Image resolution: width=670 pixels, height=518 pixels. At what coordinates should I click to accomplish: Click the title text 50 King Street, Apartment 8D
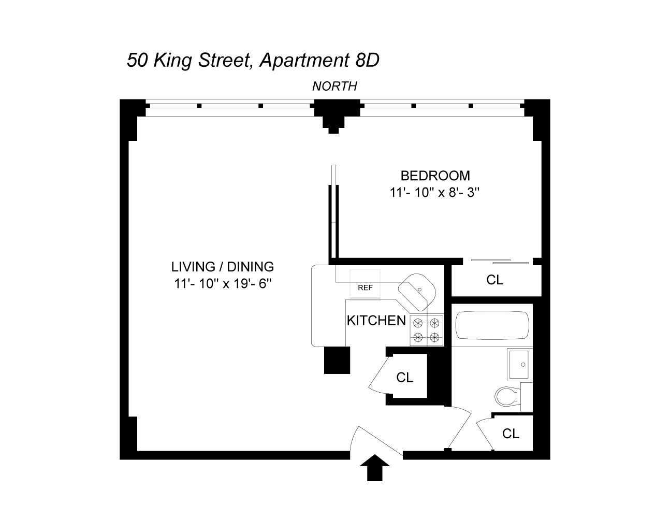[x=253, y=61]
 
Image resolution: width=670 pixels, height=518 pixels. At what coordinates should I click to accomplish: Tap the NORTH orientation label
[x=334, y=87]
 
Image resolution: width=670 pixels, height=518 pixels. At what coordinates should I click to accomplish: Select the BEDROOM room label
[x=435, y=176]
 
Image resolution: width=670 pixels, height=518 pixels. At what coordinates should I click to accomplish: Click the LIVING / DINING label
[x=222, y=267]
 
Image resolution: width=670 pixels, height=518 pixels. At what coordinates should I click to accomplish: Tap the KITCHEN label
[x=376, y=320]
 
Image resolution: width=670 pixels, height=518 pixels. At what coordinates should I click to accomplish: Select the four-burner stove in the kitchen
[x=427, y=330]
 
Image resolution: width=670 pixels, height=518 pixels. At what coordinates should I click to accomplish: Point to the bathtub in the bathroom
[x=492, y=324]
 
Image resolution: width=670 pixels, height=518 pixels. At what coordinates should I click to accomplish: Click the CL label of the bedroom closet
[x=494, y=280]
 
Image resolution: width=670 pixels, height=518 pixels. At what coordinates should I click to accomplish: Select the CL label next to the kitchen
[x=404, y=378]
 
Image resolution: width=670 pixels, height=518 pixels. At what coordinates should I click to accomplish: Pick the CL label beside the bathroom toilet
[x=511, y=434]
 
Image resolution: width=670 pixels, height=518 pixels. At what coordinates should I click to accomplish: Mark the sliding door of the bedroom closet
[x=500, y=261]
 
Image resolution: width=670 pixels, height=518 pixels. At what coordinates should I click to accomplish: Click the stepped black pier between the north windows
[x=335, y=117]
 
